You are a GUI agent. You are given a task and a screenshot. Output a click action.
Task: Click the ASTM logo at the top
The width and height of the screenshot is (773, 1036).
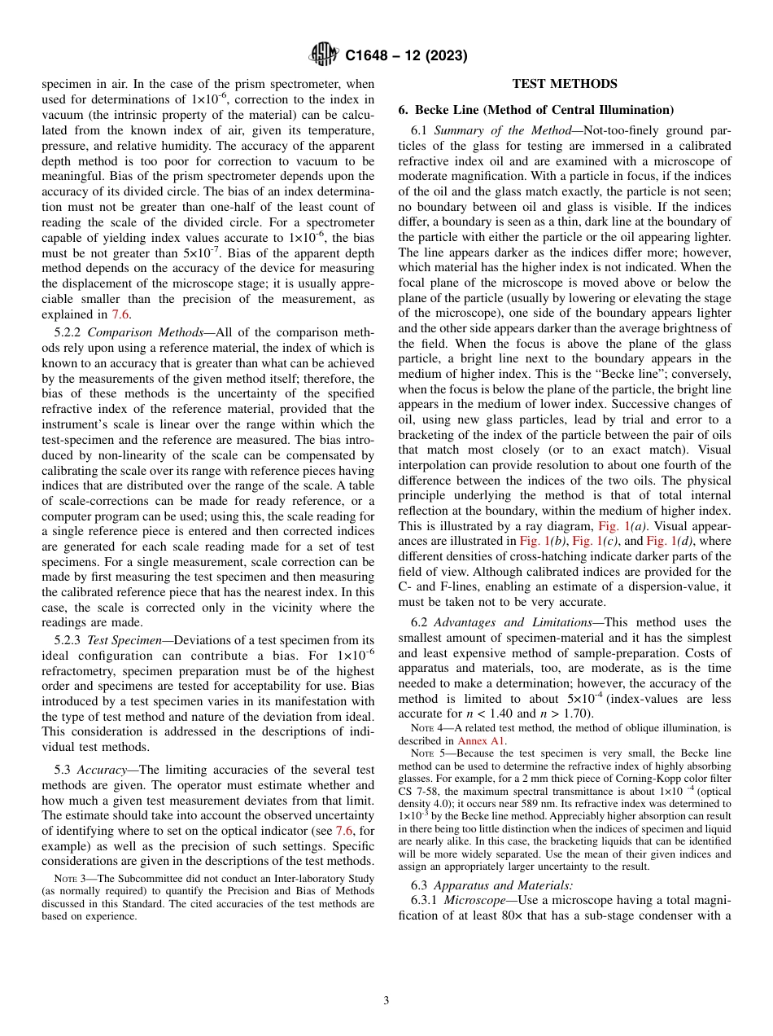[324, 55]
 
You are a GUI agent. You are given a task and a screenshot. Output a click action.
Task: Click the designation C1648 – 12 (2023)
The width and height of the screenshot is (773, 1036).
[405, 56]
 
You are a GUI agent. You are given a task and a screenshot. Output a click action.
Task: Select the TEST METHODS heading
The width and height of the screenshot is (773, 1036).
[564, 84]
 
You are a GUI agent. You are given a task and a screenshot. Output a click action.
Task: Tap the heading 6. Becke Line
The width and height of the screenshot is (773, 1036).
[535, 110]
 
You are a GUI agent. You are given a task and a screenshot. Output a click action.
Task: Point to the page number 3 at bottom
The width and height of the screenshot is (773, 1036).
[386, 1001]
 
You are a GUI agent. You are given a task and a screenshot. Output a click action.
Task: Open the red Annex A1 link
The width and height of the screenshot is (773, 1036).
[482, 741]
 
